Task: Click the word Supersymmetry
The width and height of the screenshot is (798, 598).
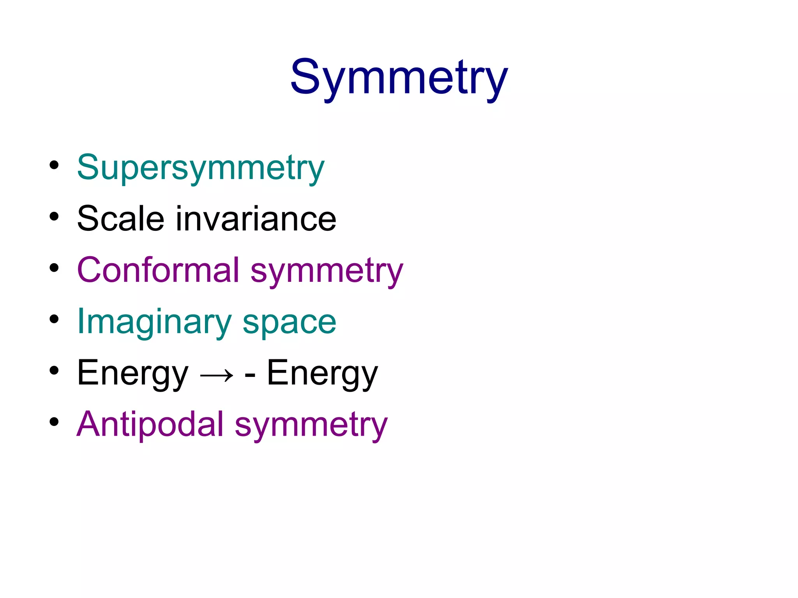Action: pos(201,167)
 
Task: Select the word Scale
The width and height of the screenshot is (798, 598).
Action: pos(121,219)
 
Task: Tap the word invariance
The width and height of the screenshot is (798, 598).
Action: pos(256,219)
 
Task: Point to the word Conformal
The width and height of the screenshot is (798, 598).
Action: pos(158,270)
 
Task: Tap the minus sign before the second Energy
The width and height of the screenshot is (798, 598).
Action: pos(250,375)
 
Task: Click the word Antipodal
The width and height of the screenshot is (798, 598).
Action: pos(150,424)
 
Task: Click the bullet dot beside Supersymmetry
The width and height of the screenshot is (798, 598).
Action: pos(54,165)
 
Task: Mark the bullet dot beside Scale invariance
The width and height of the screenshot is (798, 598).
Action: pos(54,216)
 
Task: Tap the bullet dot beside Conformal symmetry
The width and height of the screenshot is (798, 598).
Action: pos(54,268)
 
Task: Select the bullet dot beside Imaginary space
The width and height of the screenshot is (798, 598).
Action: pos(54,319)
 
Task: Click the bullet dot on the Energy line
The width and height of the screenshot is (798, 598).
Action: pos(54,371)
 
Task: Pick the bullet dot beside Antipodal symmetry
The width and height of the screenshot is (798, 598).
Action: pos(54,422)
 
